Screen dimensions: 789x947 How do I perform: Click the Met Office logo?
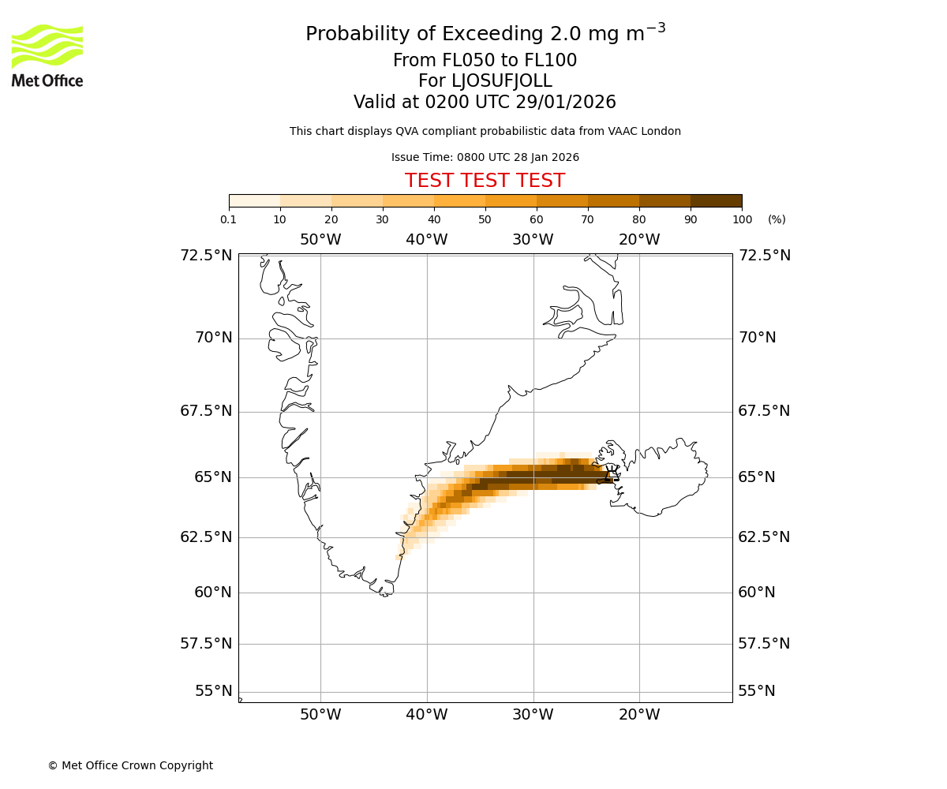click(47, 55)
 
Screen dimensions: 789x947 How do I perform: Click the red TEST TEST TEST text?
click(485, 181)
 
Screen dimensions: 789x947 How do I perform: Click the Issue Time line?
click(485, 158)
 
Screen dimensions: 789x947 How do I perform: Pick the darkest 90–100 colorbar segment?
click(716, 200)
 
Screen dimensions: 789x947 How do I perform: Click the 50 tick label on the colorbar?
click(485, 219)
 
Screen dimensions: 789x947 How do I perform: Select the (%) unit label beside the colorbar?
click(777, 219)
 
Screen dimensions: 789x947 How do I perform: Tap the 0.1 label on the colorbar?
click(229, 219)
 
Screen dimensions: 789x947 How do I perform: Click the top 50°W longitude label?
click(320, 240)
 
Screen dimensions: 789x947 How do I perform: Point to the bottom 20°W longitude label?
click(639, 716)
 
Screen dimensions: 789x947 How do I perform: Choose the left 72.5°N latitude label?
click(206, 255)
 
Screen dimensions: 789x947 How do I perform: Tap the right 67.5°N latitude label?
click(764, 411)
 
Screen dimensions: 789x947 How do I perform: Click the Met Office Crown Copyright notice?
click(130, 765)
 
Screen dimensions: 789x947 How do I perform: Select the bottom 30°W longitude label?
click(533, 716)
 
